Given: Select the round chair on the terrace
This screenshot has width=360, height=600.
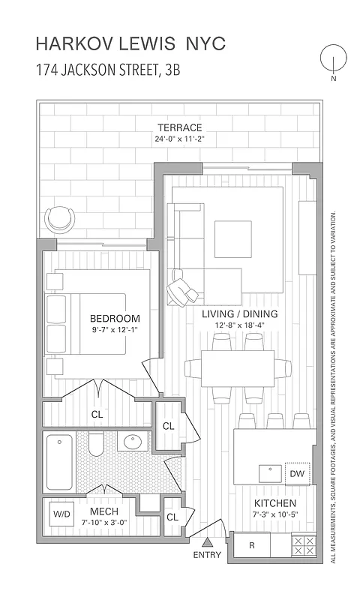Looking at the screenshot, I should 60,219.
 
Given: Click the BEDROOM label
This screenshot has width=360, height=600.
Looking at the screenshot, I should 115,317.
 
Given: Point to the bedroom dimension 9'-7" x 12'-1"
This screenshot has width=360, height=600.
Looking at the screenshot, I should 115,329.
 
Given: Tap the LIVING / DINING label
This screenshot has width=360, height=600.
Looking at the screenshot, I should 239,313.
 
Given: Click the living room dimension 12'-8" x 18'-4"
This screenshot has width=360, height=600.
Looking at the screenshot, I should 239,325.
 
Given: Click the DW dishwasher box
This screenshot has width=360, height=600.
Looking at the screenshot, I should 298,473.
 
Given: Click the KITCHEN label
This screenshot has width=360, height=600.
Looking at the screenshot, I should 274,502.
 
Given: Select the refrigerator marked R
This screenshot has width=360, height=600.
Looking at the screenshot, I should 252,545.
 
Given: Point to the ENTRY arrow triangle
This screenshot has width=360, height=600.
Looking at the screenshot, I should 207,542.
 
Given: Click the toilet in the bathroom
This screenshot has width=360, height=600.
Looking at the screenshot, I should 95,444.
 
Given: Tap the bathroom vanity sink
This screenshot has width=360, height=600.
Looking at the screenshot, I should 135,442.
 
